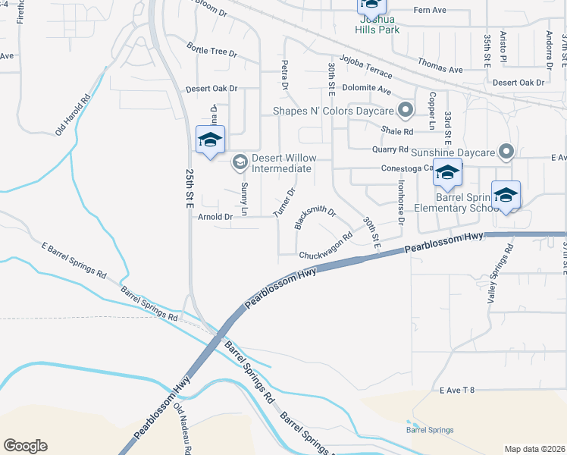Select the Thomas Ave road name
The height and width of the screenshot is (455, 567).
click(x=440, y=68)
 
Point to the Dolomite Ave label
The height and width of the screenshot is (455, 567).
click(x=367, y=90)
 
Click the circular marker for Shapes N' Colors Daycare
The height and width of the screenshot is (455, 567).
click(x=406, y=111)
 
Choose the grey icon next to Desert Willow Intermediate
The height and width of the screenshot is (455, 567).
click(x=240, y=162)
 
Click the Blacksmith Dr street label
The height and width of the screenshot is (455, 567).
click(x=314, y=215)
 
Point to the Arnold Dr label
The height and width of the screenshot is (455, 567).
click(x=215, y=218)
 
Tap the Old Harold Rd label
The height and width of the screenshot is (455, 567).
click(x=73, y=115)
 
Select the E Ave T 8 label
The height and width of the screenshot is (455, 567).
click(x=456, y=390)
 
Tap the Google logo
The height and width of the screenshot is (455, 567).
click(x=25, y=446)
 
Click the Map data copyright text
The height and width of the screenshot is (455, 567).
click(x=534, y=449)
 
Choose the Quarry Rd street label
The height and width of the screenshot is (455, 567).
click(x=394, y=149)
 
